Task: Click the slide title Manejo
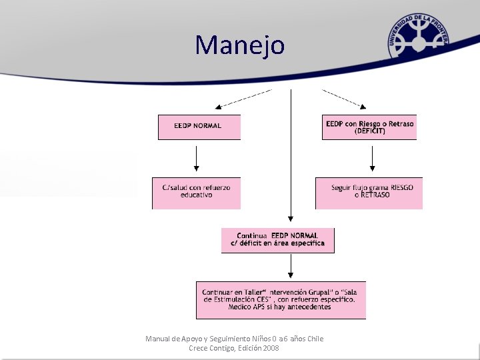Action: click(x=240, y=45)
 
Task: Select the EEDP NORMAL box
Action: click(x=199, y=127)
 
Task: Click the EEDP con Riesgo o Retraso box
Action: click(x=369, y=127)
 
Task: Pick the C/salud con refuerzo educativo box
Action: click(x=196, y=192)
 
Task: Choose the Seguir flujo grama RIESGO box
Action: click(x=369, y=192)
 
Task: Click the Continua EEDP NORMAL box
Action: click(x=277, y=240)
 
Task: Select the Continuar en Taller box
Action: click(x=281, y=300)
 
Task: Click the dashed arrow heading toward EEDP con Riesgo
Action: click(x=343, y=98)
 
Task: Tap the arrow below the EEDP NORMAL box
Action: click(x=196, y=159)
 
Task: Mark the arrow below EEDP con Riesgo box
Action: click(x=373, y=159)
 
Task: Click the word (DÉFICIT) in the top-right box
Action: click(x=370, y=131)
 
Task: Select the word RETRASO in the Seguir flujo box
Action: click(x=375, y=195)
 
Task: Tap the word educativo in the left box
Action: click(x=196, y=195)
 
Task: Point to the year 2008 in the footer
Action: click(x=270, y=348)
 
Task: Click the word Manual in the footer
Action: click(x=157, y=339)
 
